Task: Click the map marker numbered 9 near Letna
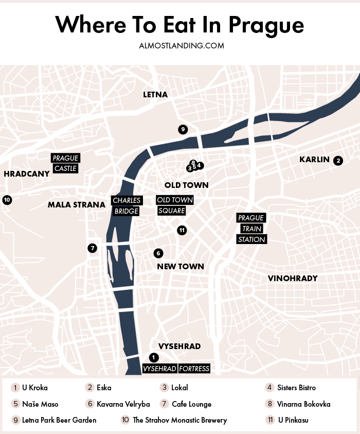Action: (x=182, y=130)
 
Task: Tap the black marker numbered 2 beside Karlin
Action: (x=338, y=161)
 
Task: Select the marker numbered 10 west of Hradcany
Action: (x=7, y=200)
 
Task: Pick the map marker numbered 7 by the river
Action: (x=92, y=248)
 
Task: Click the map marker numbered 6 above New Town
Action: (x=158, y=253)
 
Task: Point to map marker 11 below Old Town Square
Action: (x=182, y=231)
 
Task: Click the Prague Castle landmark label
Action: (x=65, y=163)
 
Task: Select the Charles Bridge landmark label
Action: (x=126, y=206)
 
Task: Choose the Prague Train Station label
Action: (x=251, y=229)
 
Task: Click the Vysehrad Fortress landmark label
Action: (x=176, y=369)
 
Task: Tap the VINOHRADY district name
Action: (x=293, y=279)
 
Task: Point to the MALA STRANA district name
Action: (x=76, y=205)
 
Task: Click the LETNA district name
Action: (x=155, y=95)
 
